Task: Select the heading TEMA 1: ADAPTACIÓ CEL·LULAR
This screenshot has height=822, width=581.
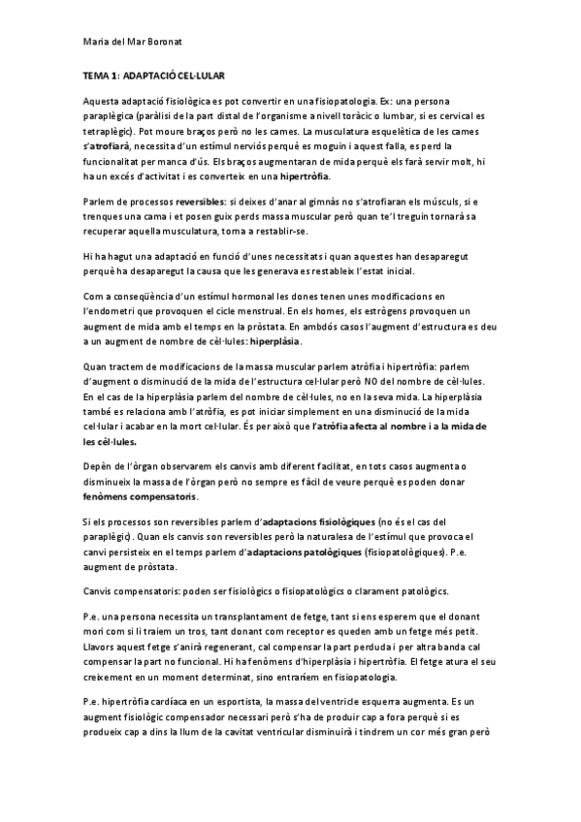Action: (153, 74)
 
